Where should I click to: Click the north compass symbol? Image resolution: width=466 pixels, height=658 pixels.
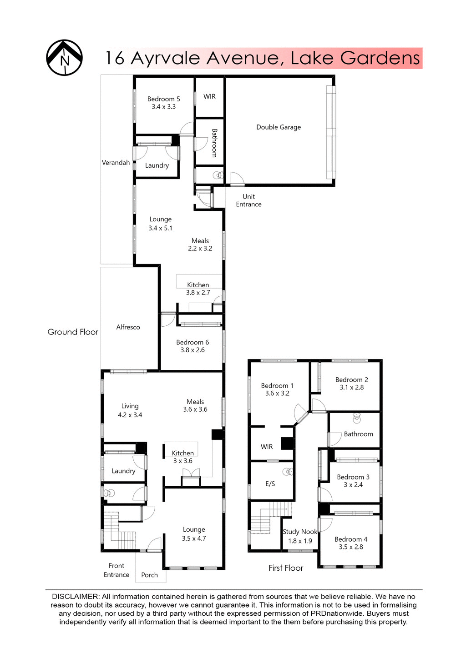(64, 58)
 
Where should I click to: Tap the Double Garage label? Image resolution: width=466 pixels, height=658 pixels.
(279, 127)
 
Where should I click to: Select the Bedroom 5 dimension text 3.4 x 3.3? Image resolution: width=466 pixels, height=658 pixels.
(163, 107)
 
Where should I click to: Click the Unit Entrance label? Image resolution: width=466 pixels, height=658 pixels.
(248, 200)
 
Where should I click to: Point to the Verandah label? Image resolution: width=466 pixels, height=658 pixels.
(116, 163)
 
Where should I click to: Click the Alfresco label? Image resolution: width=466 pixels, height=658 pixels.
(128, 327)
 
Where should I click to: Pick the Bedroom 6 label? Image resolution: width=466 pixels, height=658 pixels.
(192, 342)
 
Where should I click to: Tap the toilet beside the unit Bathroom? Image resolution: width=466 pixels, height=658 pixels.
(218, 175)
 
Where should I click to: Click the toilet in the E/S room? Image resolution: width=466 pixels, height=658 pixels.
(288, 472)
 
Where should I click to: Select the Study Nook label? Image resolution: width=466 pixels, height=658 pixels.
(300, 532)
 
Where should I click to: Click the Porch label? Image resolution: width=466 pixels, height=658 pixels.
(149, 575)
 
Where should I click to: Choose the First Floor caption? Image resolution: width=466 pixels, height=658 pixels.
(286, 568)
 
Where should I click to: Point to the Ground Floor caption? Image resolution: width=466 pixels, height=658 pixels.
(73, 332)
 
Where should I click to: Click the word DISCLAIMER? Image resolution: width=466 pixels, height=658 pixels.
(75, 596)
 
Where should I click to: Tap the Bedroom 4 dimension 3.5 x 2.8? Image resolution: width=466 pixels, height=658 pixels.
(351, 547)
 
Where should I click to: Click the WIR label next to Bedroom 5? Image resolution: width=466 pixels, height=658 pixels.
(209, 96)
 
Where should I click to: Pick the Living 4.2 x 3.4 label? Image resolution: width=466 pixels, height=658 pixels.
(130, 410)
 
